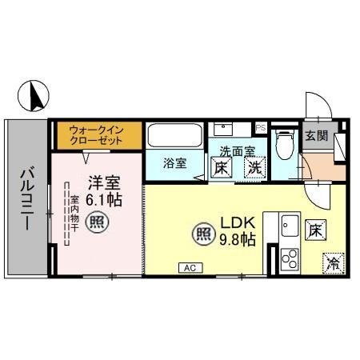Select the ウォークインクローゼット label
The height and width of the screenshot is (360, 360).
pos(96,133)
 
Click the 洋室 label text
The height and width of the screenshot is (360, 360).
pos(97,181)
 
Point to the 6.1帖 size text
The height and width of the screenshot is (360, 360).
pos(97,199)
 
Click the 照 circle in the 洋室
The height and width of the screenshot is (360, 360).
pos(97,222)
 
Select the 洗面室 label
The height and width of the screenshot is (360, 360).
pos(238,150)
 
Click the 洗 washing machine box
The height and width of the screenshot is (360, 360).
pos(254,168)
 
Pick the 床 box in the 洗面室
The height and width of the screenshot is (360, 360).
pos(223,168)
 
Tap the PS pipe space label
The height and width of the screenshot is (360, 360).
pos(260,127)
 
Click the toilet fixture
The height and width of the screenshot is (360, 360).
pos(282,144)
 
